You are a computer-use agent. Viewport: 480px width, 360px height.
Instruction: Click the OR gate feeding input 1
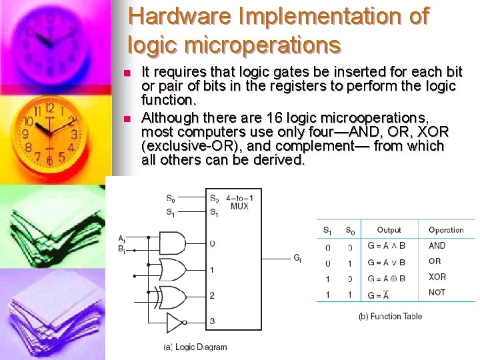pos(173,269)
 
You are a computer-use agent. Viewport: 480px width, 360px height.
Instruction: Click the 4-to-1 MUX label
pos(239,202)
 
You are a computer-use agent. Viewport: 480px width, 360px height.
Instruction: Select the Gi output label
pos(297,259)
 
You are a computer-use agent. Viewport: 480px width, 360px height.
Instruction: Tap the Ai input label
pos(121,239)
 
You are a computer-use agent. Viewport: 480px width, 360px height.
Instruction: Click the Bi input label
pos(121,249)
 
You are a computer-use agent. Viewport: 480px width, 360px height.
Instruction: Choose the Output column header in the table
pos(389,230)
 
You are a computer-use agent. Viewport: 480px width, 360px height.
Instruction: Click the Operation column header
pos(446,230)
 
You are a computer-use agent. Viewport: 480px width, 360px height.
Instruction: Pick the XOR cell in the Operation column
pos(437,277)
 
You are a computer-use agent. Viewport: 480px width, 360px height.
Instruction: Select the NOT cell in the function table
pos(437,293)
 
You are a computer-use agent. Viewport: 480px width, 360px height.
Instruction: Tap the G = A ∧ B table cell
pos(386,246)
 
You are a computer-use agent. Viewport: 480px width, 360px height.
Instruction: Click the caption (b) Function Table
pos(390,316)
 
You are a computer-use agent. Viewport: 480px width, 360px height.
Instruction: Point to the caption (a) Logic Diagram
pos(195,347)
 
